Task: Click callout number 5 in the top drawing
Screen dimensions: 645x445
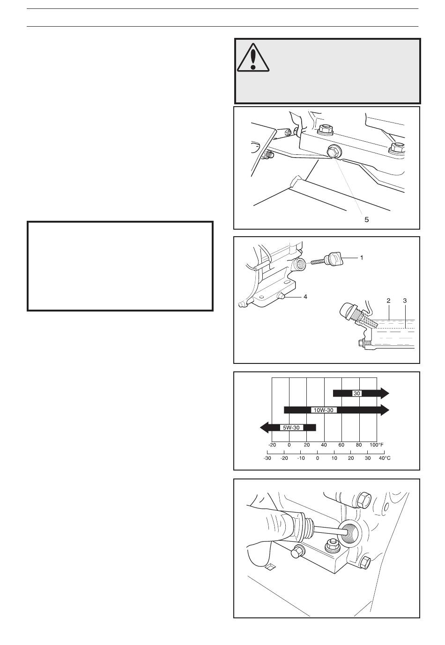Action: [x=366, y=219]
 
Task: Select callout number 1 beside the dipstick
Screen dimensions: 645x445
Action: [x=362, y=257]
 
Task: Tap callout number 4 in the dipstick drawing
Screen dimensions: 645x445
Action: [x=305, y=297]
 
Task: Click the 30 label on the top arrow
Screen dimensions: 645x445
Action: [x=357, y=393]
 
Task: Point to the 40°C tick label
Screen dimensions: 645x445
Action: [x=384, y=458]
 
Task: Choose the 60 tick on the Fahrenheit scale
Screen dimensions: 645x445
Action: [x=341, y=444]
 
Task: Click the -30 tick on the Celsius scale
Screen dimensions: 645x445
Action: [x=267, y=458]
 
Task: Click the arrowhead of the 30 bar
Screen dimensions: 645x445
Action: [x=385, y=393]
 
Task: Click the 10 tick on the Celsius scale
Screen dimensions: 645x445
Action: [x=334, y=458]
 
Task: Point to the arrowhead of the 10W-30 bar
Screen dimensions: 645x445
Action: [x=385, y=410]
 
